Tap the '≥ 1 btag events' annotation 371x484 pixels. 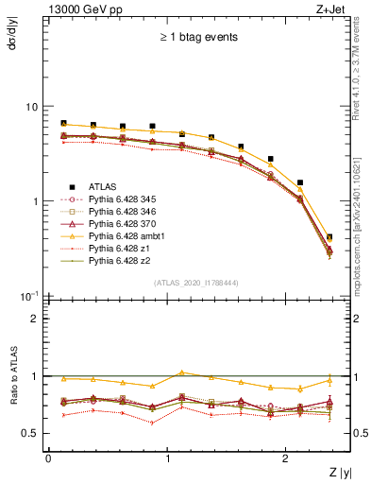198,38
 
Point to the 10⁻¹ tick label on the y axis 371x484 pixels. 29,297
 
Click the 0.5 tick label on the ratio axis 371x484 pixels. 30,434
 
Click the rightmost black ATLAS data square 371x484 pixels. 329,237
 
